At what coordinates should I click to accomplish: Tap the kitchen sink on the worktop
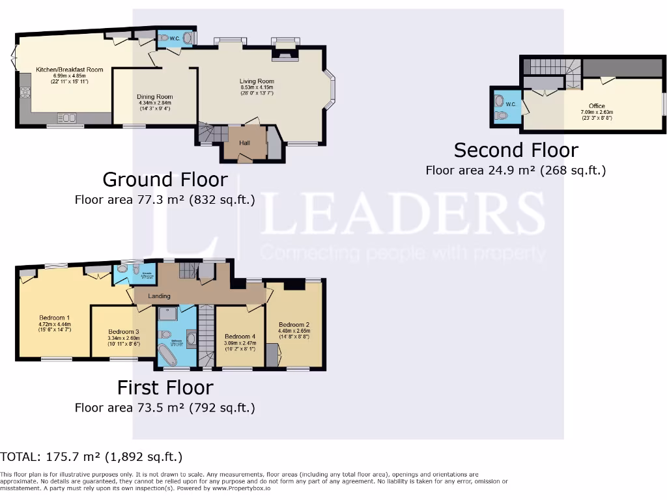click(66, 117)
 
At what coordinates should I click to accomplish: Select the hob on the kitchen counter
click(26, 92)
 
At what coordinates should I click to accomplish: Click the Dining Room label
click(155, 96)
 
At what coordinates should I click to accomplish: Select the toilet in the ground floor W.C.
click(163, 38)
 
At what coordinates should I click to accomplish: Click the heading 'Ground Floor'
click(165, 179)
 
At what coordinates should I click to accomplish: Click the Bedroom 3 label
click(123, 331)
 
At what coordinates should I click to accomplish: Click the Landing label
click(160, 296)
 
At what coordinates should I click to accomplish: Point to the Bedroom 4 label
click(240, 337)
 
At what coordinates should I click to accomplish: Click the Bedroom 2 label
click(294, 324)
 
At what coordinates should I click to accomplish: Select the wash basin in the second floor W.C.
click(499, 101)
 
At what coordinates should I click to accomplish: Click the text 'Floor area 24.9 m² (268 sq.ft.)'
click(516, 171)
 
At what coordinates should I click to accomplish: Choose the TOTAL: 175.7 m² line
click(91, 456)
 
